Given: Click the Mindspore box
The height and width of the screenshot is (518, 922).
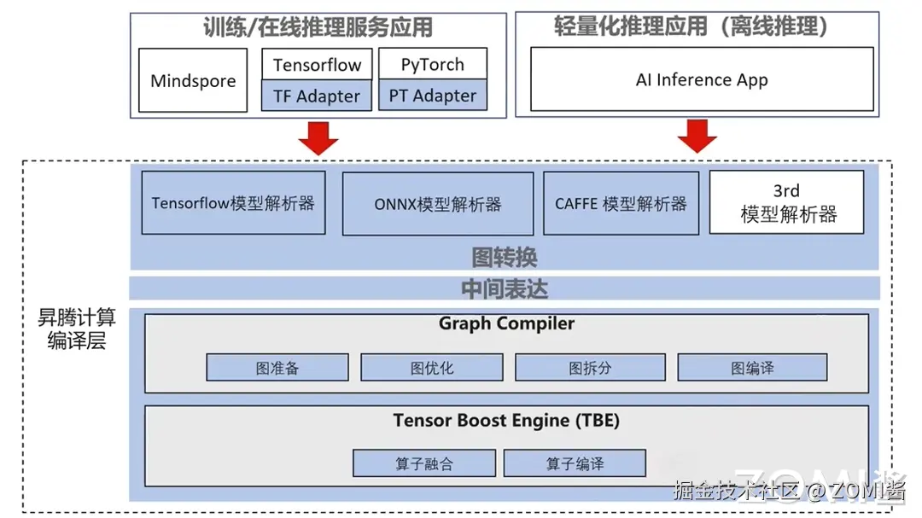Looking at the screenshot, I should click(193, 81).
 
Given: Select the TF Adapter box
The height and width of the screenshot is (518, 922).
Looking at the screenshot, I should click(317, 96).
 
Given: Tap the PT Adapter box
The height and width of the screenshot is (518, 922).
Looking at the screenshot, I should click(433, 96).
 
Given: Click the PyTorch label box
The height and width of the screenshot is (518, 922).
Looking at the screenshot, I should click(433, 65).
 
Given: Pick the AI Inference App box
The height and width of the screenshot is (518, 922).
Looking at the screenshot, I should click(702, 79).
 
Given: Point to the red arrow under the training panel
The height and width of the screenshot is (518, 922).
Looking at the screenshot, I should click(318, 137).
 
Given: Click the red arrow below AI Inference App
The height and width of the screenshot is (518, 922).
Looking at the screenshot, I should click(697, 136).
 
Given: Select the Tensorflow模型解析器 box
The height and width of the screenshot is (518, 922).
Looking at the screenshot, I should click(233, 203).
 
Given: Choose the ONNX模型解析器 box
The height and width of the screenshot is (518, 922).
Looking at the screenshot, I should click(438, 204).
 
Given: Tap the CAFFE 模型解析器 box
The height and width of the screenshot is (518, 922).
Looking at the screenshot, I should click(621, 204).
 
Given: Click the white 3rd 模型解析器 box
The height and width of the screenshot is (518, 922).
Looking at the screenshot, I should click(786, 203).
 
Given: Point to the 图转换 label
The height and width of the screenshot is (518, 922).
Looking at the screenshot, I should click(505, 257).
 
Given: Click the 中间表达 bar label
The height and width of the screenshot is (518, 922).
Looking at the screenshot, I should click(505, 288).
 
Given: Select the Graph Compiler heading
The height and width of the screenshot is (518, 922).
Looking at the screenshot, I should click(506, 323).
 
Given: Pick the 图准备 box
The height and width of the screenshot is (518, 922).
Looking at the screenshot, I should click(277, 368).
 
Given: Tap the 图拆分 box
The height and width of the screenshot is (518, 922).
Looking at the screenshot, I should click(590, 368).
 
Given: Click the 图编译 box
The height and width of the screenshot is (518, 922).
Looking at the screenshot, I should click(752, 368).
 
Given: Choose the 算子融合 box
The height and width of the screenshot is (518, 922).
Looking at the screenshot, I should click(424, 463).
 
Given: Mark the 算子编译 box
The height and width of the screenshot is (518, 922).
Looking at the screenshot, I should click(575, 463).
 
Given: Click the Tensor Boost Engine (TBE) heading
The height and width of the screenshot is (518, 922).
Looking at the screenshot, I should click(506, 421).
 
